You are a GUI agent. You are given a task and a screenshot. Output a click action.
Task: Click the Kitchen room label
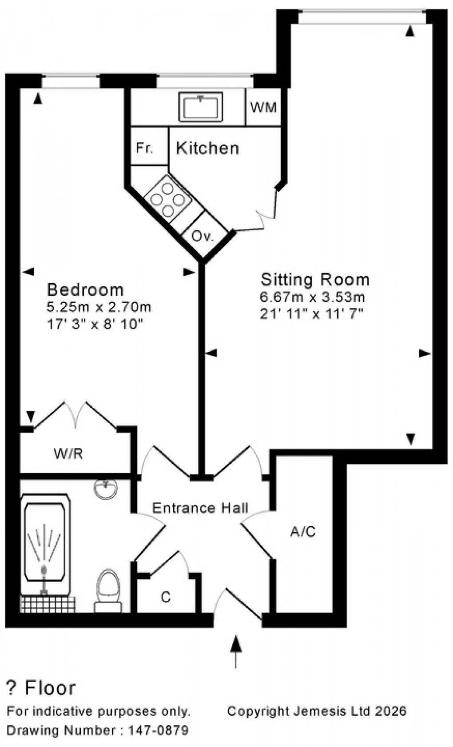click(207, 148)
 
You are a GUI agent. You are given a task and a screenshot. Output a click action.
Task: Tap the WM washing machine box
click(263, 107)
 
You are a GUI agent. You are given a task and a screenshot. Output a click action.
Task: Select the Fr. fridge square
click(144, 148)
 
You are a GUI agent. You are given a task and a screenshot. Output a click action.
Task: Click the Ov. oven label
click(203, 236)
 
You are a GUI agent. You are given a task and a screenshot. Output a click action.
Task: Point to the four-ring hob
click(167, 200)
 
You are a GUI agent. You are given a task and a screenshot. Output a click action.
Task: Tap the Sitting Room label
click(315, 279)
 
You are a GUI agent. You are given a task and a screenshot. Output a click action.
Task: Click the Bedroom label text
click(85, 289)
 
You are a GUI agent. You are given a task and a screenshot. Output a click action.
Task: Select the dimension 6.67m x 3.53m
click(312, 297)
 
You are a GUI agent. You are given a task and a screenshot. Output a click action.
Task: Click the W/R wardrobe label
click(68, 454)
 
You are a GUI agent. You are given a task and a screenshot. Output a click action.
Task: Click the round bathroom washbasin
click(106, 488)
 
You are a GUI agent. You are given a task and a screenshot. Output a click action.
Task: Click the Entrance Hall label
click(200, 508)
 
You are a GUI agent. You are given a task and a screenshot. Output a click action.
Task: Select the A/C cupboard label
click(303, 531)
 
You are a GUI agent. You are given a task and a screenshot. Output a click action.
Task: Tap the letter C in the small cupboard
click(166, 597)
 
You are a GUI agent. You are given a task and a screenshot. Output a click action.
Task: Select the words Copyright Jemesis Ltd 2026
click(317, 711)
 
